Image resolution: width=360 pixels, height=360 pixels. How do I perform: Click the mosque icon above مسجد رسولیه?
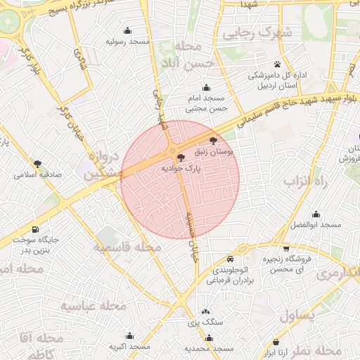click(128, 31)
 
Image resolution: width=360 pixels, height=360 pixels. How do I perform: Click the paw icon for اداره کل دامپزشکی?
click(278, 64)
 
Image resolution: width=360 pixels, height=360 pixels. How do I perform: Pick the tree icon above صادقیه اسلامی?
click(37, 163)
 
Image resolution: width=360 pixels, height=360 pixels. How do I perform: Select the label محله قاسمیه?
click(126, 248)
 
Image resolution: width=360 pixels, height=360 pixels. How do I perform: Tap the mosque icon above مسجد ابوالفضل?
click(316, 214)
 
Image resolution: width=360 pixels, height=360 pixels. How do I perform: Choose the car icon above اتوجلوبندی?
click(241, 249)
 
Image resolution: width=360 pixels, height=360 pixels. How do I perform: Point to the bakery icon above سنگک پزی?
click(205, 311)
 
